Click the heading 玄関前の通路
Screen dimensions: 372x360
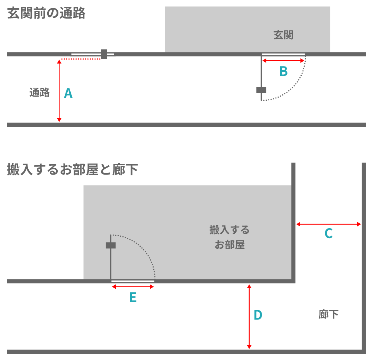46,13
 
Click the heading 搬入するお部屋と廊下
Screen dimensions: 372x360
73,169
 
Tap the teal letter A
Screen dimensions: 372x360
68,93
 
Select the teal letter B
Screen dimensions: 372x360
283,71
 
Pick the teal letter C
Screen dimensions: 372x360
328,233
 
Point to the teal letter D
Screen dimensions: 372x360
258,315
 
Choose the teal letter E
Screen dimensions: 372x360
133,297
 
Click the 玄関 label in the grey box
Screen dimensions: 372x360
283,35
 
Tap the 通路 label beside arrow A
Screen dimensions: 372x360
39,93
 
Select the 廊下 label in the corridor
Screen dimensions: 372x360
328,315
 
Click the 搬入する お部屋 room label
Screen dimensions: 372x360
230,237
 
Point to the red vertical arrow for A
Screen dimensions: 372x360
59,91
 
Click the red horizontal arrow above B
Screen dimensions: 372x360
283,61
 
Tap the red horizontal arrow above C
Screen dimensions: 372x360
328,224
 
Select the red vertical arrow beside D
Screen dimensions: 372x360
249,317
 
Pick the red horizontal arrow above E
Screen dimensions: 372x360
133,287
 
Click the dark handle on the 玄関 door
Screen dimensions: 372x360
261,90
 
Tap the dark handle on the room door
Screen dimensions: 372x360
110,245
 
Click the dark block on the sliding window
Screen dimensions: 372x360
104,54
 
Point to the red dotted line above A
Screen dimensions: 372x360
81,59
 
